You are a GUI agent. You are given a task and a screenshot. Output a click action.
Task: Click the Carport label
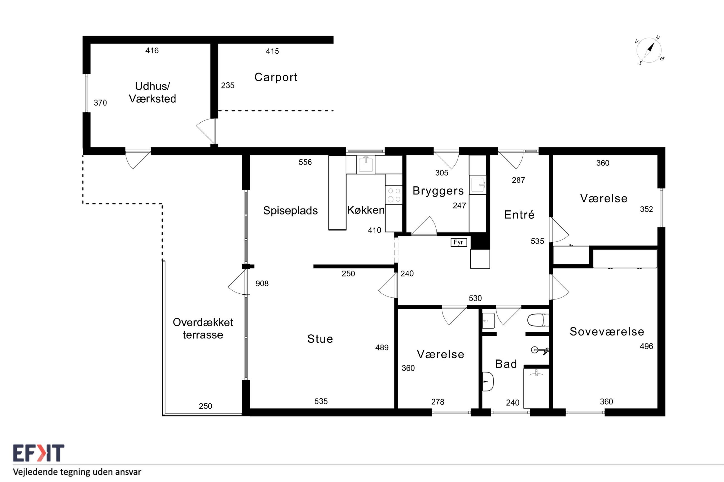[x=276, y=77]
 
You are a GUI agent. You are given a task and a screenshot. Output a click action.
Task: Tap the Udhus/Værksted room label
[x=152, y=92]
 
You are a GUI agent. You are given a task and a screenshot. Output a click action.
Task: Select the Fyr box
[x=458, y=242]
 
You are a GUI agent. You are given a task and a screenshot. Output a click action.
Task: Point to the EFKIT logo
[x=38, y=453]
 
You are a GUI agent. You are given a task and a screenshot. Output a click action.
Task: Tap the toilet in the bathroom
[x=538, y=320]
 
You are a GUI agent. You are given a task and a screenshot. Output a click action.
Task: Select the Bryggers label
[x=438, y=191]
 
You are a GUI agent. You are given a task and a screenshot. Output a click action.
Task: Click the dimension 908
[x=262, y=283]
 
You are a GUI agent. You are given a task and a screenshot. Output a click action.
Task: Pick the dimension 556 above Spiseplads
[x=305, y=162]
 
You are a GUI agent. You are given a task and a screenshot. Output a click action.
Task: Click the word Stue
[x=320, y=339]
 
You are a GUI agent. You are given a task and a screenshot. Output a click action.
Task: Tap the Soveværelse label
[x=607, y=331]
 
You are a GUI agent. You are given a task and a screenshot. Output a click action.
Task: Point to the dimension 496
[x=646, y=346]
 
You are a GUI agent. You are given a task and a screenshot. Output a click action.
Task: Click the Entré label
[x=519, y=214]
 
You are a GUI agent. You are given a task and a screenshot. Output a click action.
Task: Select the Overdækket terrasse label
[x=203, y=328]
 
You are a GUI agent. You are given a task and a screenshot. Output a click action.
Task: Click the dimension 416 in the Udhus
[x=152, y=50]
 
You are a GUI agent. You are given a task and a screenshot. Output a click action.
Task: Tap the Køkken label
[x=366, y=210]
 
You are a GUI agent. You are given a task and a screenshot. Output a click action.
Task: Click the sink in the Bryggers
[x=478, y=184]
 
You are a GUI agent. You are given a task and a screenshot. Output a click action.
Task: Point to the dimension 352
[x=646, y=209]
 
